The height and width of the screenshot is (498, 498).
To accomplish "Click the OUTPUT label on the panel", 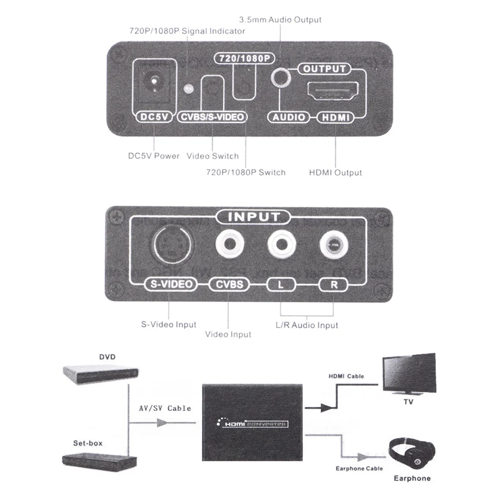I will click(324, 69).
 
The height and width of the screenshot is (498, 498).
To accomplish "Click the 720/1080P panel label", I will click(244, 58).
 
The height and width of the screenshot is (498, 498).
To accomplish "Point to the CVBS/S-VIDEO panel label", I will click(212, 118).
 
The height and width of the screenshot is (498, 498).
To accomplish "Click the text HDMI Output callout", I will click(335, 173).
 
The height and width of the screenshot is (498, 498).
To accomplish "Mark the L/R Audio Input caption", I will click(307, 325).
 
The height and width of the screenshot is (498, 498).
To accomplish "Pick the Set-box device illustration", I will click(99, 461).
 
